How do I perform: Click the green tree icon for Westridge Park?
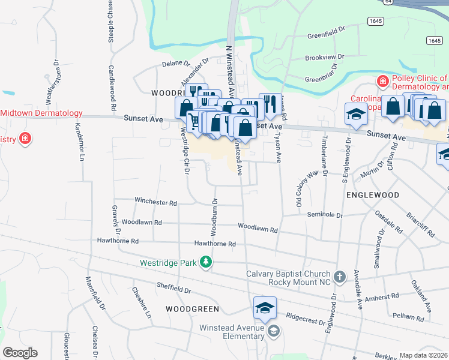click(x=206, y=262)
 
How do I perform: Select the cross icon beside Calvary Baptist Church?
click(x=340, y=277)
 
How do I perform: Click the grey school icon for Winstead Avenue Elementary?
click(x=274, y=331)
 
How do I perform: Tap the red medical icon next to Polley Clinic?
click(x=381, y=81)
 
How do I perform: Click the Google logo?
click(x=20, y=353)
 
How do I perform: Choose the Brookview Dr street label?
click(x=324, y=58)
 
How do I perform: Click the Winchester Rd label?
click(x=155, y=202)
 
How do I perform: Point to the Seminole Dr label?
click(x=325, y=215)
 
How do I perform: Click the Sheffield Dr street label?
click(x=173, y=289)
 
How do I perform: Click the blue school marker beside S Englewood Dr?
click(x=355, y=113)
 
